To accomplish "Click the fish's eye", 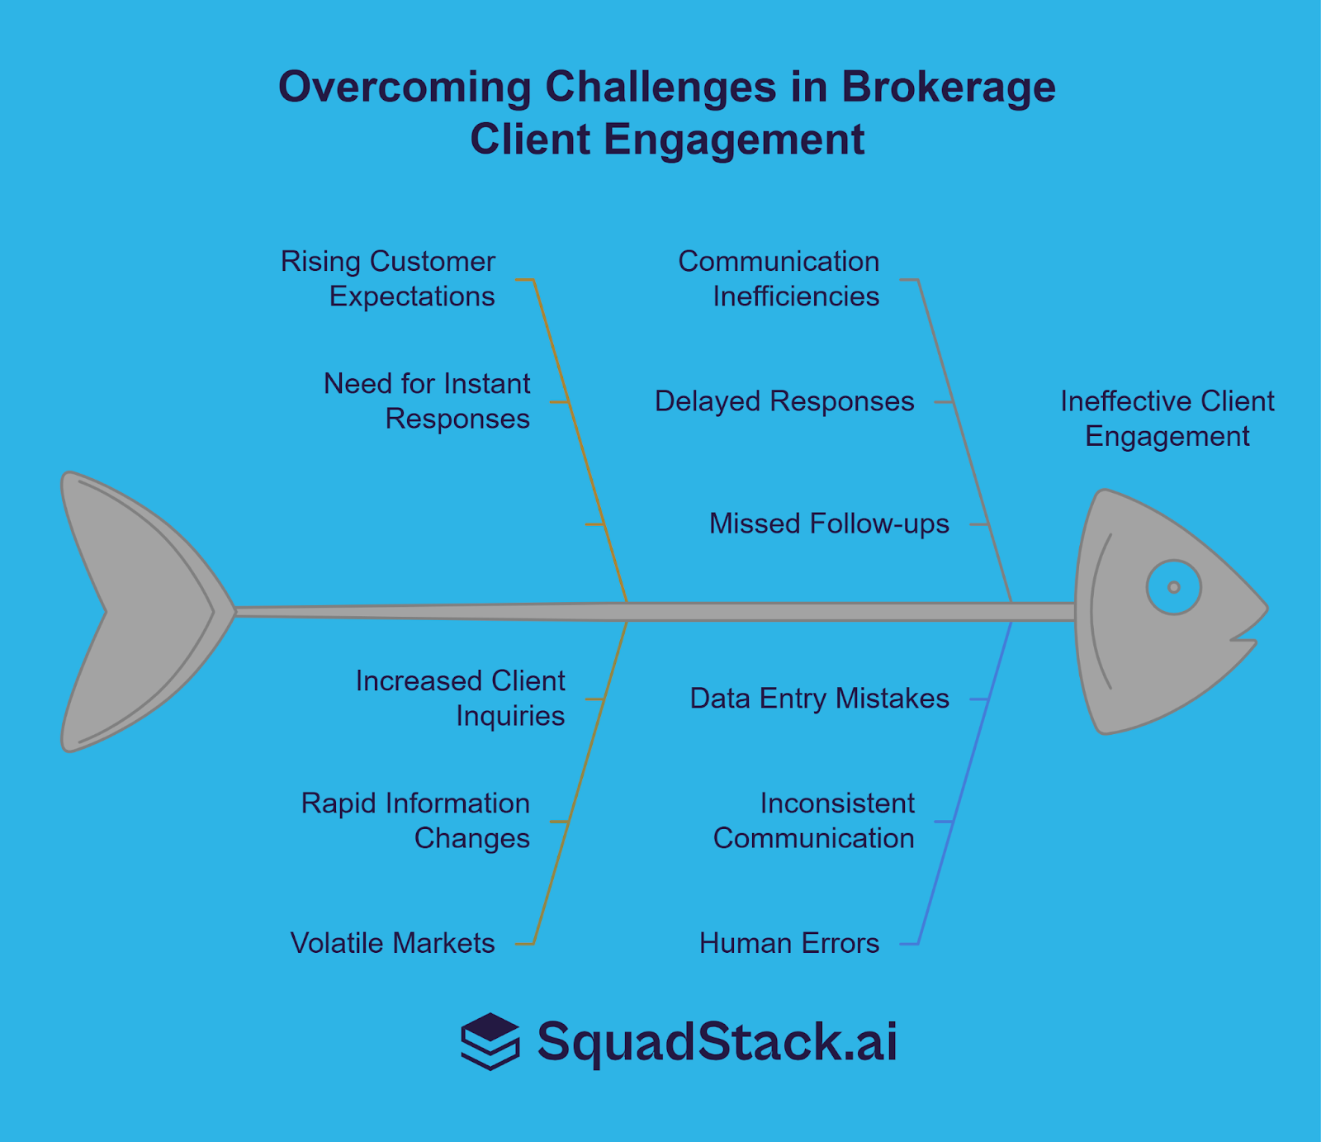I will pyautogui.click(x=1173, y=587).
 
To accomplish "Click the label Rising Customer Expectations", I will pyautogui.click(x=388, y=278).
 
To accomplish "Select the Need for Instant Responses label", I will pyautogui.click(x=427, y=400).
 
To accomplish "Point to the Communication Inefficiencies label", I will pyautogui.click(x=779, y=278).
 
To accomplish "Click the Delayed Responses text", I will pyautogui.click(x=784, y=401).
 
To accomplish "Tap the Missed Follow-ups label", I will pyautogui.click(x=829, y=524).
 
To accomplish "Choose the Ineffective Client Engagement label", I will pyautogui.click(x=1167, y=419).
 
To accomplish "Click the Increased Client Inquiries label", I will pyautogui.click(x=461, y=698).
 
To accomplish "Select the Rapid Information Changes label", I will pyautogui.click(x=415, y=820).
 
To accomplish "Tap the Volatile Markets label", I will pyautogui.click(x=392, y=943).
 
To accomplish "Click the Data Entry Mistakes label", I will pyautogui.click(x=819, y=699).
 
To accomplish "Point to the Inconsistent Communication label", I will pyautogui.click(x=814, y=820).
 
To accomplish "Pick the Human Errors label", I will pyautogui.click(x=789, y=943).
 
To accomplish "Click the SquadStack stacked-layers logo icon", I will pyautogui.click(x=490, y=1041).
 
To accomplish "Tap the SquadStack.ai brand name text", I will pyautogui.click(x=717, y=1041).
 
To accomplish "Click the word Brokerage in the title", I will pyautogui.click(x=949, y=87).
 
